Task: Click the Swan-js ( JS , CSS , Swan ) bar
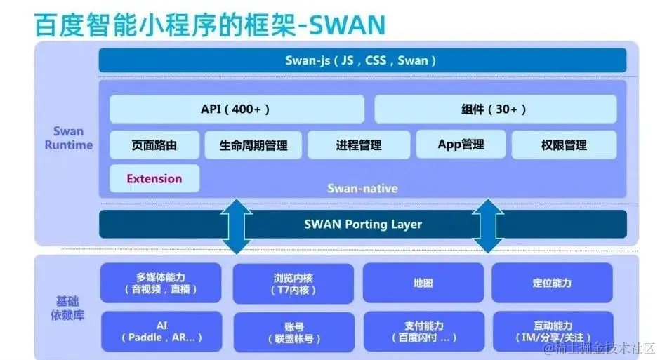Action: pyautogui.click(x=362, y=60)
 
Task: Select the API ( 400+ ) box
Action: pyautogui.click(x=237, y=109)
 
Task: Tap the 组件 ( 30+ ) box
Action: pyautogui.click(x=495, y=109)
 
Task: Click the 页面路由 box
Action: pyautogui.click(x=154, y=145)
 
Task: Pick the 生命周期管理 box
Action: pyautogui.click(x=253, y=145)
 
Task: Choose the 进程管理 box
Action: pyautogui.click(x=358, y=145)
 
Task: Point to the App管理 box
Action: pyautogui.click(x=461, y=145)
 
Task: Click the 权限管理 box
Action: pyautogui.click(x=564, y=145)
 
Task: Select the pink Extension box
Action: pyautogui.click(x=154, y=179)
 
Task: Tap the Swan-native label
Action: pyautogui.click(x=362, y=188)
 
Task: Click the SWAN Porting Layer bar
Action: pyautogui.click(x=362, y=225)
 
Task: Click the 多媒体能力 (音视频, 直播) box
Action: pyautogui.click(x=161, y=283)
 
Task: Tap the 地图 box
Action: pyautogui.click(x=423, y=283)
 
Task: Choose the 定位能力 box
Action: pyautogui.click(x=552, y=283)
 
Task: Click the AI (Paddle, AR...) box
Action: pyautogui.click(x=161, y=331)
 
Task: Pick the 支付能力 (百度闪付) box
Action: pyautogui.click(x=423, y=331)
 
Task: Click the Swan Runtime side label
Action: pyautogui.click(x=68, y=138)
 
